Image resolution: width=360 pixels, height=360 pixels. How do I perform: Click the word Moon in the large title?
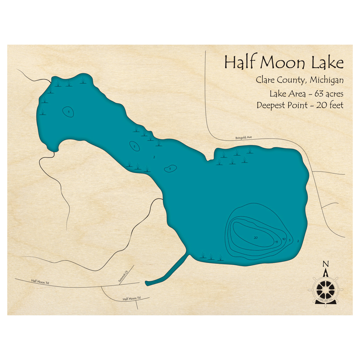point(283,62)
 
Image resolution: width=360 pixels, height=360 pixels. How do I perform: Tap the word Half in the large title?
point(239,62)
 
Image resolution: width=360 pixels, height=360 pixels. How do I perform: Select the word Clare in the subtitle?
point(265,80)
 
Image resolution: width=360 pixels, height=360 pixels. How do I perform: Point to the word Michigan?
point(327,80)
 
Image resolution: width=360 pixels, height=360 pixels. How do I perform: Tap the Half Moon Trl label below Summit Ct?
point(131,299)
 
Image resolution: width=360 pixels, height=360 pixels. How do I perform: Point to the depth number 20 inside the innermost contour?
point(256,238)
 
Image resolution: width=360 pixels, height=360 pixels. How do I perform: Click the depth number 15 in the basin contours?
point(276,242)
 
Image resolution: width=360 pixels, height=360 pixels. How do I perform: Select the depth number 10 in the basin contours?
point(284,239)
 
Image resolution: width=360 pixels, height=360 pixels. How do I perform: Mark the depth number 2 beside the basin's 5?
point(298,241)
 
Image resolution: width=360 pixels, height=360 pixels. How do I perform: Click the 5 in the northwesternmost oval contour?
point(68,112)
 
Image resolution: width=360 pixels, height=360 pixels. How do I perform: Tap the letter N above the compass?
point(325,264)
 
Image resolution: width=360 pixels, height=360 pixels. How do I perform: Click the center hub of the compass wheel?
point(325,289)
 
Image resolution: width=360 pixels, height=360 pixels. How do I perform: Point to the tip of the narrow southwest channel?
point(147,283)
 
